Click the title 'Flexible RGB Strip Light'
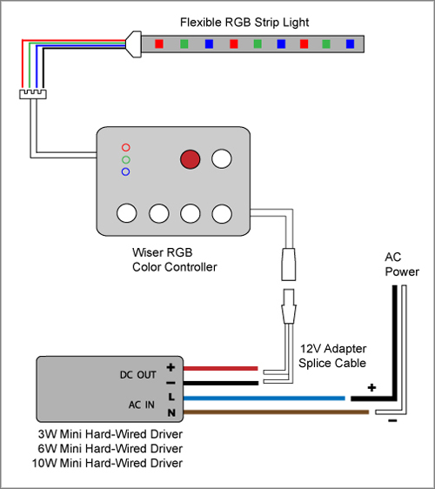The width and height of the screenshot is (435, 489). [x=244, y=23]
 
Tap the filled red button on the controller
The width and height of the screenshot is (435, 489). [x=190, y=159]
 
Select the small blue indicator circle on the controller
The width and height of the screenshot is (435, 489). [x=125, y=171]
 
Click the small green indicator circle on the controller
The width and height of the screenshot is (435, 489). [x=126, y=160]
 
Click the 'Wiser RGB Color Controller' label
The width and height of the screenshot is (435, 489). [x=174, y=260]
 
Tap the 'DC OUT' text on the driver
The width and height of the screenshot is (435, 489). [x=137, y=375]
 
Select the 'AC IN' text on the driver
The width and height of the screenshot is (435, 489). [x=142, y=405]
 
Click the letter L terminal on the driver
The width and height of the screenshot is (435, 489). [x=171, y=397]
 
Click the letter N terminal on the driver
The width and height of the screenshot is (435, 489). [x=171, y=412]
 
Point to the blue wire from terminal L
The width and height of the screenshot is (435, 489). [x=264, y=399]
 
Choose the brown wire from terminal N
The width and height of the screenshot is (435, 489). [x=276, y=412]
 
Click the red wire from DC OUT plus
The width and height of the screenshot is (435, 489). [x=220, y=369]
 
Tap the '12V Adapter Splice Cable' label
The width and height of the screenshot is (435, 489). [x=332, y=356]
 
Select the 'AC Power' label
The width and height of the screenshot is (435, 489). [x=402, y=265]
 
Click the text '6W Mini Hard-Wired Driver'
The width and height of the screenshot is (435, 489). [x=110, y=448]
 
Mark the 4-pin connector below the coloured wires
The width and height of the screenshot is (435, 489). [x=33, y=94]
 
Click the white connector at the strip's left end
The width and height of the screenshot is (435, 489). [x=133, y=44]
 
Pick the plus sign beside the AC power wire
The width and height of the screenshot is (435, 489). [x=371, y=388]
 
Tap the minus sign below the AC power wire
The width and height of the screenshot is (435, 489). [x=392, y=421]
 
